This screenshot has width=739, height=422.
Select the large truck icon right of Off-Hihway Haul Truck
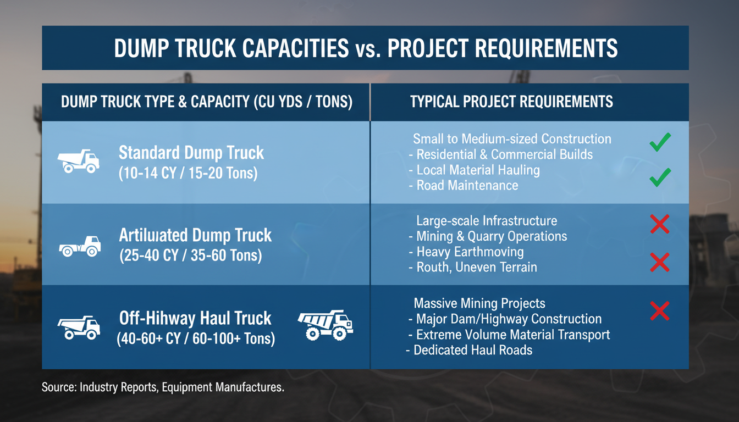(x=325, y=325)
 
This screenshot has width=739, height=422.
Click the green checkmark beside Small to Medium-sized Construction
(x=659, y=142)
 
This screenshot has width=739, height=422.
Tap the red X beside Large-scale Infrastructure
(x=659, y=224)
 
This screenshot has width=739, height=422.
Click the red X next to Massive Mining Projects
(x=659, y=311)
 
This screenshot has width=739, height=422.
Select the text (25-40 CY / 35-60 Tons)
(x=191, y=256)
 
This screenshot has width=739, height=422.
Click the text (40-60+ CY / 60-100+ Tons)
(x=196, y=338)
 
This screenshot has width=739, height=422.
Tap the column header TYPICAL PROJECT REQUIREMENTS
(x=511, y=102)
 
